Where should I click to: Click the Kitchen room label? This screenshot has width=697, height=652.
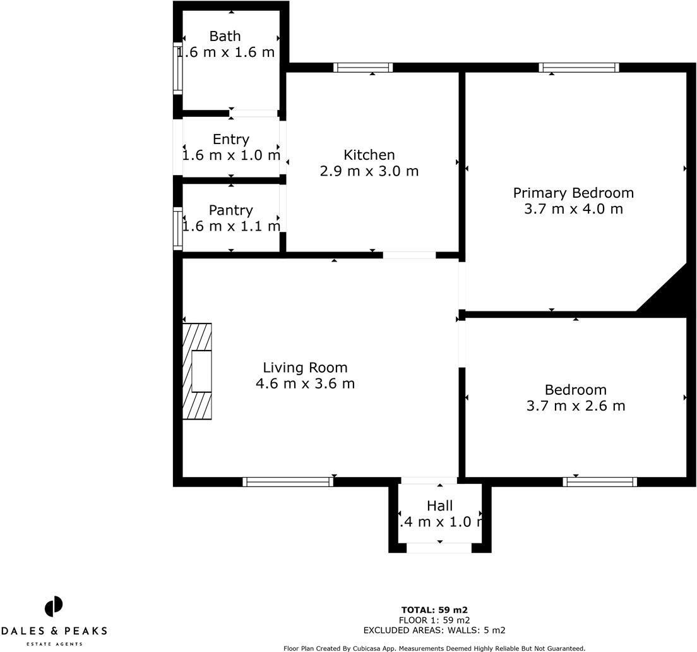coord(369,155)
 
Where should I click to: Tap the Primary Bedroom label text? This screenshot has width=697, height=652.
coord(573,193)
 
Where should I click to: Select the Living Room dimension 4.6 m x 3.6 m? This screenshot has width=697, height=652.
coord(305,383)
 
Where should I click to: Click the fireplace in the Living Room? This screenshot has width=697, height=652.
coord(197,371)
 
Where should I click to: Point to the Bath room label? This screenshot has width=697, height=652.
coord(225,36)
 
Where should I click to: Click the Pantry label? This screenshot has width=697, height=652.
coord(230,210)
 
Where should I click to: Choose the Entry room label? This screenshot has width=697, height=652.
coord(230,139)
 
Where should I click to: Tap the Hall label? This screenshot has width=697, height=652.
coord(439,505)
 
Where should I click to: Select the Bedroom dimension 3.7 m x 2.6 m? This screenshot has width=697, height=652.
coord(575,406)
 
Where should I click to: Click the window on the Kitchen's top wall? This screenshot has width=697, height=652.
coord(363,68)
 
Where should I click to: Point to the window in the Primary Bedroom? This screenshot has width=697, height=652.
coord(579,68)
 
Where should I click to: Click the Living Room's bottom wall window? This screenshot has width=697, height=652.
coord(288,482)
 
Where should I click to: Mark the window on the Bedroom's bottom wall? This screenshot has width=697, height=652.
coord(600,482)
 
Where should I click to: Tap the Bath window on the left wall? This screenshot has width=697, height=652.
coord(178,68)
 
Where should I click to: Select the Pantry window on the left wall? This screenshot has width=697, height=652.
coord(178,229)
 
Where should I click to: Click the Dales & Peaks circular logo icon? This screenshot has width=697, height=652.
coord(54,607)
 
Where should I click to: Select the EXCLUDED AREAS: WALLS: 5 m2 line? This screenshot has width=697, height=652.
coord(434,630)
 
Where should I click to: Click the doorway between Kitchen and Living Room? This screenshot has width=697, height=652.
coord(409,255)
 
